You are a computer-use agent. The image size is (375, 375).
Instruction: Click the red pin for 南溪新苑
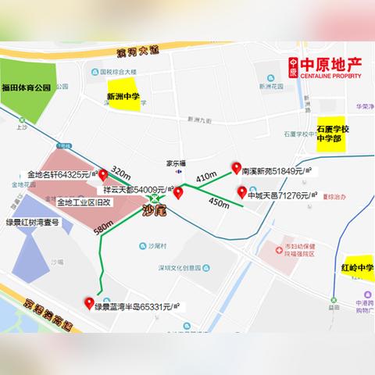[x=234, y=167]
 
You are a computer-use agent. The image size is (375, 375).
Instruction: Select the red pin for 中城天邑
[x=241, y=192]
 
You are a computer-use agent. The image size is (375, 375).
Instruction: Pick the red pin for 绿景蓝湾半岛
[x=88, y=303]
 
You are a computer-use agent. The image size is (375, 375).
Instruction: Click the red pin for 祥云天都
[x=178, y=192]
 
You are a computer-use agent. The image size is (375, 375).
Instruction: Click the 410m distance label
[x=206, y=178]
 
